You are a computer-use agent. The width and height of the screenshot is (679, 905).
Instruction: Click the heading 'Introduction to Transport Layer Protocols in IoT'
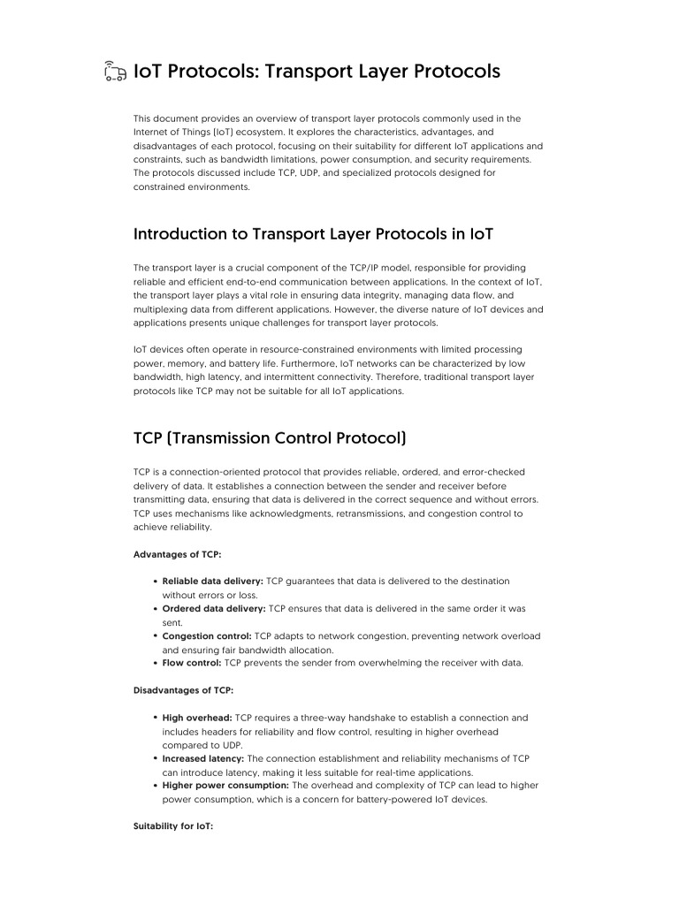313,234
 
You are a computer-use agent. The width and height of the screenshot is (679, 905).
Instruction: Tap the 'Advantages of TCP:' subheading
177,554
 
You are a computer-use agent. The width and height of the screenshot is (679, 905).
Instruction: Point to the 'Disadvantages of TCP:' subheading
183,690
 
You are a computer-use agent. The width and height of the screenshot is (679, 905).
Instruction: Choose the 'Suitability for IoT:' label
173,826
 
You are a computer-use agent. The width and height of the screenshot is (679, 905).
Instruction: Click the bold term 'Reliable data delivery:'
212,582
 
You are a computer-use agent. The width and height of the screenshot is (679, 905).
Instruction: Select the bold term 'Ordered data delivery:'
214,609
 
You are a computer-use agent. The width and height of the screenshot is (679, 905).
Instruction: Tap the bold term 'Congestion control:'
207,636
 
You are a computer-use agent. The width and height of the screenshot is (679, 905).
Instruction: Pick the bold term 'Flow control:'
192,663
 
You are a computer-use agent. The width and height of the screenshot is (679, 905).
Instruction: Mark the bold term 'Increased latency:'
203,758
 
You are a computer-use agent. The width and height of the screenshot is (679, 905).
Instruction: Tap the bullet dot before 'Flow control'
156,664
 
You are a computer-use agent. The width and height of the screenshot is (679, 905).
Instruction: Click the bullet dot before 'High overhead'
156,719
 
